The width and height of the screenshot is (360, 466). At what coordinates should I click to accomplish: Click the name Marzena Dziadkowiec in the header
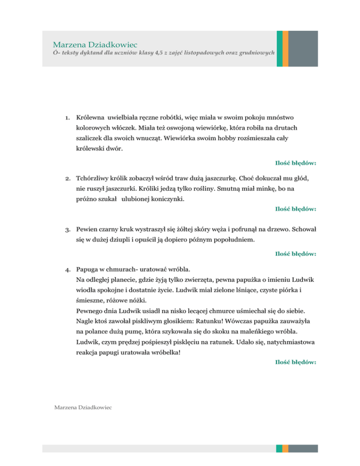pyautogui.click(x=95, y=45)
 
